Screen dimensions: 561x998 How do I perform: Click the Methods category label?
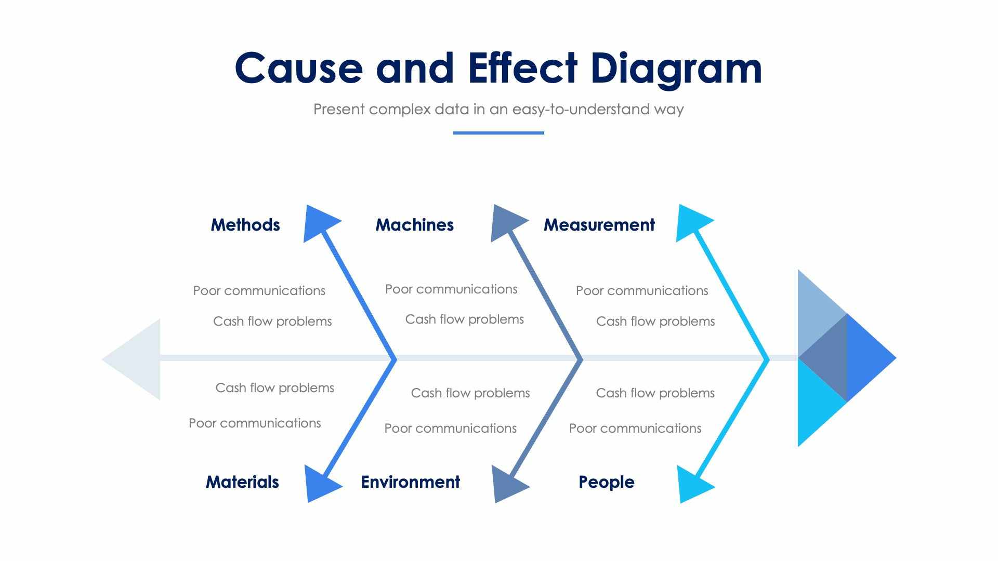(245, 225)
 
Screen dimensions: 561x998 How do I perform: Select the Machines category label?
(414, 225)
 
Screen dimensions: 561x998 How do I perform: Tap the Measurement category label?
(599, 225)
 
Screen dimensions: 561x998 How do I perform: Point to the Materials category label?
(242, 482)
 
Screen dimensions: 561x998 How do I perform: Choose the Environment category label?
(410, 482)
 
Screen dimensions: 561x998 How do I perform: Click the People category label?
(606, 482)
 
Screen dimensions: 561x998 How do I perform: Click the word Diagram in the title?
(676, 69)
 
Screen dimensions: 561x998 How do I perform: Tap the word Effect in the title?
(522, 69)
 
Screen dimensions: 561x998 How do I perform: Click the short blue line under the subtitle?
(498, 133)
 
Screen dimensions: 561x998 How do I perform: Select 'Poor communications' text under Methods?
(259, 291)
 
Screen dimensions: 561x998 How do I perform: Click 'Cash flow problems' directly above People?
(655, 393)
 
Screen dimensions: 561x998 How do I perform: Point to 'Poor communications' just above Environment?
(450, 429)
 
